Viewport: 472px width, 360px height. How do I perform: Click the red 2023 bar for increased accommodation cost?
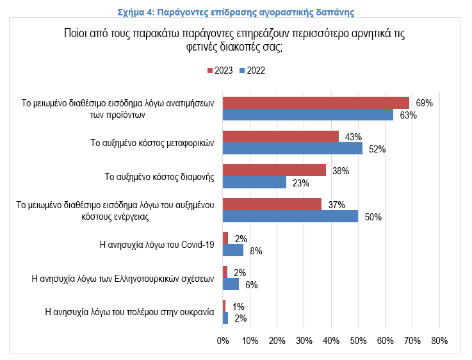274,170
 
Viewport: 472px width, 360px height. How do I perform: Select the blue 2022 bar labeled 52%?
293,149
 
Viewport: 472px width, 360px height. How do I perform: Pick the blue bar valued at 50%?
290,217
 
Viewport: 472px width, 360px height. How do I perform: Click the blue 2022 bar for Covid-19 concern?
233,250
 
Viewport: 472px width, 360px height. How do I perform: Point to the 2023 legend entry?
219,70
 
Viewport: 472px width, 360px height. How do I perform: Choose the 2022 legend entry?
252,70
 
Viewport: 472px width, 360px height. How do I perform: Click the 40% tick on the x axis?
331,340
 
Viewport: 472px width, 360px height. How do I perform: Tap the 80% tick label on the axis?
439,340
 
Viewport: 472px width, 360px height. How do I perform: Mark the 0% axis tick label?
223,340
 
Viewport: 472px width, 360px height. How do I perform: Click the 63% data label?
408,115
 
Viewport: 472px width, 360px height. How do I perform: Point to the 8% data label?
256,250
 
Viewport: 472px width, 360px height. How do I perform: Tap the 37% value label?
336,205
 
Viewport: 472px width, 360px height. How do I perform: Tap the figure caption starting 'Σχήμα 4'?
236,12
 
